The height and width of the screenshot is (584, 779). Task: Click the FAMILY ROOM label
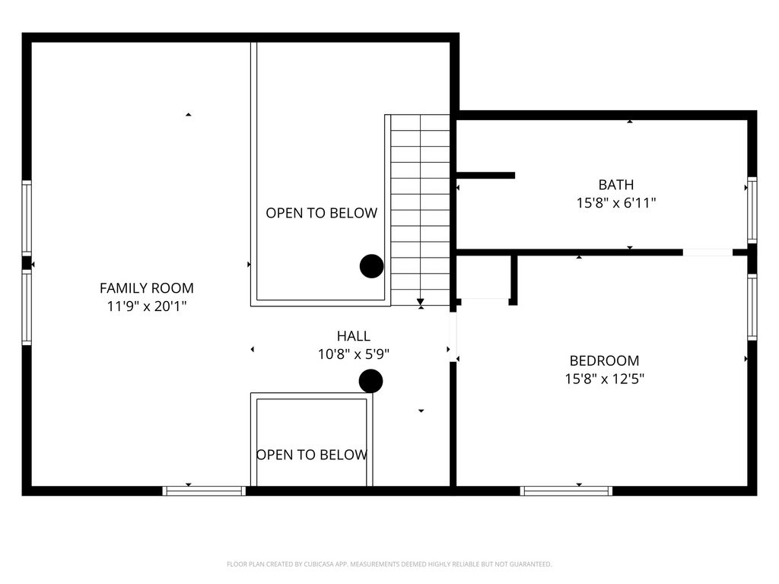pyautogui.click(x=147, y=288)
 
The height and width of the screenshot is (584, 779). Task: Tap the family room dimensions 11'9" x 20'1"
pyautogui.click(x=147, y=306)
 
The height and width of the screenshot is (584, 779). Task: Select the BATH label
pyautogui.click(x=615, y=185)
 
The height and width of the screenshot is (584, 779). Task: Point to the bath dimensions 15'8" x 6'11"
pyautogui.click(x=615, y=203)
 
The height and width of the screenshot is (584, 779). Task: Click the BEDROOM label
pyautogui.click(x=604, y=360)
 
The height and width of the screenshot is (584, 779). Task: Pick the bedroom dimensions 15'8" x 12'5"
pyautogui.click(x=604, y=379)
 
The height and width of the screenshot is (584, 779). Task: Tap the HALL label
pyautogui.click(x=354, y=335)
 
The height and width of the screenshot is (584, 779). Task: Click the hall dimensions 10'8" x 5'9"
pyautogui.click(x=354, y=354)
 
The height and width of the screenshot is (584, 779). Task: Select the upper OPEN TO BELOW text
pyautogui.click(x=321, y=213)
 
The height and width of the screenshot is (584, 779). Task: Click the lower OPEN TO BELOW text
pyautogui.click(x=312, y=455)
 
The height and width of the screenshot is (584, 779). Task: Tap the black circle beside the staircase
pyautogui.click(x=371, y=266)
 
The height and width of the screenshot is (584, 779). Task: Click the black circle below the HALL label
pyautogui.click(x=370, y=381)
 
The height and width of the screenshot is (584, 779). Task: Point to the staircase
pyautogui.click(x=420, y=210)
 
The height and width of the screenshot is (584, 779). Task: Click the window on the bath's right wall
pyautogui.click(x=752, y=210)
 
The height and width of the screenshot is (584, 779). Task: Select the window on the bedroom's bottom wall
pyautogui.click(x=566, y=490)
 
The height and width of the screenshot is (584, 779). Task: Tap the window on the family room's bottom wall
pyautogui.click(x=205, y=490)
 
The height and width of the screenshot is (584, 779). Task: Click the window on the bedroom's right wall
pyautogui.click(x=752, y=307)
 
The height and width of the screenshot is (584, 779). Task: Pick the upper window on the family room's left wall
pyautogui.click(x=27, y=217)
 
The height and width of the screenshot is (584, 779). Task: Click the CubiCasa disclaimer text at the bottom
pyautogui.click(x=389, y=564)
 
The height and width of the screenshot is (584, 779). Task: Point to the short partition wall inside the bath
pyautogui.click(x=486, y=176)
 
